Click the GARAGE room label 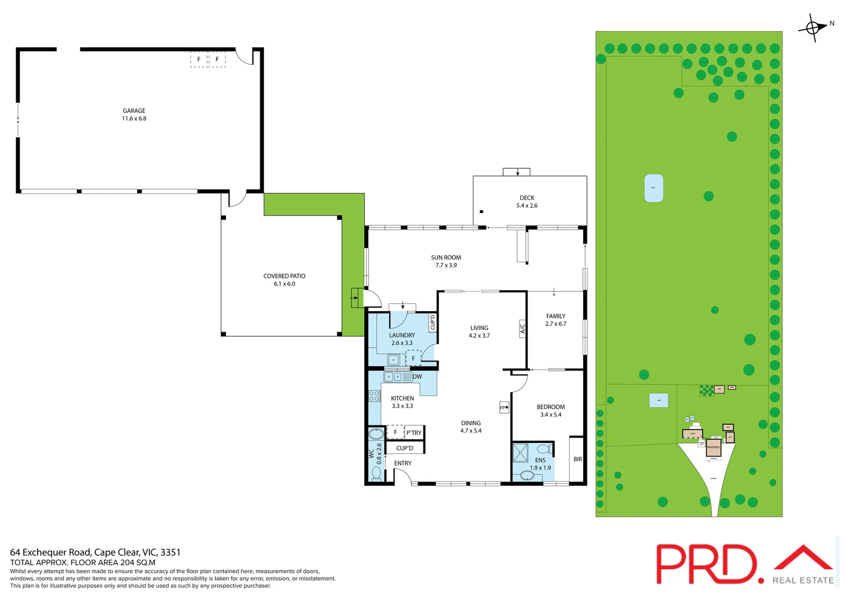pyautogui.click(x=134, y=111)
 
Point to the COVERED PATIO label pyautogui.click(x=284, y=276)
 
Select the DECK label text pyautogui.click(x=527, y=198)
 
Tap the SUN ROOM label pyautogui.click(x=446, y=257)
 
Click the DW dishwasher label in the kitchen pyautogui.click(x=417, y=377)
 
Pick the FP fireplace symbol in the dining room pyautogui.click(x=504, y=408)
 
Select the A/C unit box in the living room pyautogui.click(x=522, y=328)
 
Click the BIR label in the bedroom pyautogui.click(x=577, y=459)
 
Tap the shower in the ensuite pyautogui.click(x=520, y=452)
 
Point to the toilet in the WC pyautogui.click(x=376, y=473)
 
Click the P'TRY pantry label pyautogui.click(x=414, y=433)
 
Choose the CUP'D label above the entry pyautogui.click(x=404, y=448)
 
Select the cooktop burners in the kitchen pyautogui.click(x=374, y=396)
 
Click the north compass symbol pyautogui.click(x=813, y=27)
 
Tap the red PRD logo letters pyautogui.click(x=706, y=564)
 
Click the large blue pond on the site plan pyautogui.click(x=653, y=188)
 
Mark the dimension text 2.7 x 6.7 pyautogui.click(x=555, y=324)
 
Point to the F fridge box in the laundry pyautogui.click(x=413, y=359)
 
